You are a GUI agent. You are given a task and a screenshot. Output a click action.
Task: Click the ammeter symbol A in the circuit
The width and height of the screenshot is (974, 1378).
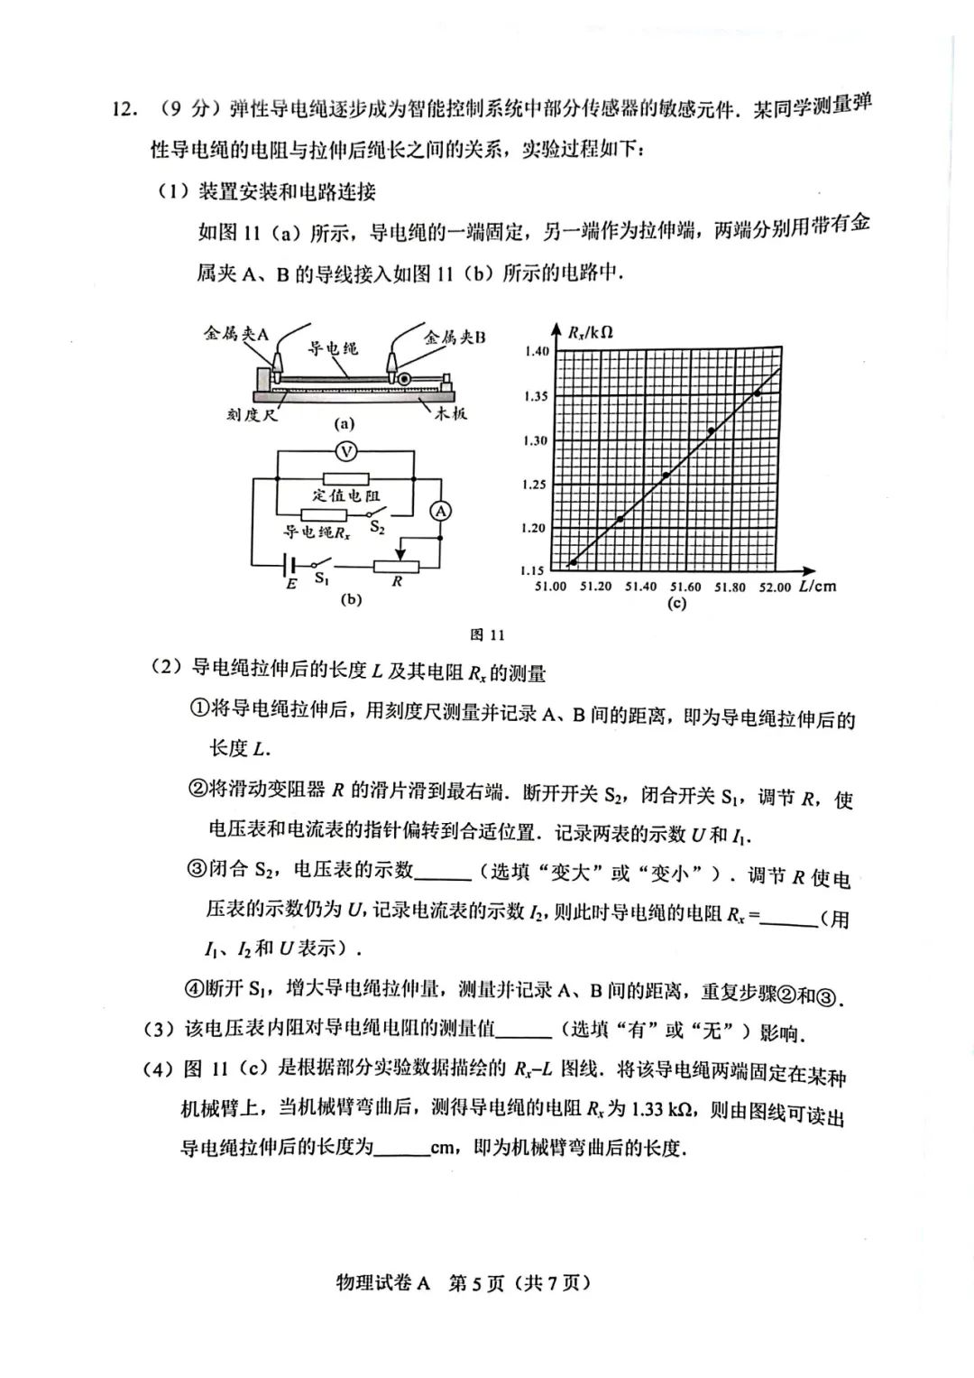click(x=440, y=512)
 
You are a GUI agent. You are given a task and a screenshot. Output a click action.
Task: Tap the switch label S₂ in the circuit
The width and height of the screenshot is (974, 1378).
click(x=377, y=527)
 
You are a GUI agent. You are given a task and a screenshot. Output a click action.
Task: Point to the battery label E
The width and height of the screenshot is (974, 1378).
click(x=291, y=584)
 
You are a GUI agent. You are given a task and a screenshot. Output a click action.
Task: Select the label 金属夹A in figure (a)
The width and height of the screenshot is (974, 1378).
click(x=236, y=334)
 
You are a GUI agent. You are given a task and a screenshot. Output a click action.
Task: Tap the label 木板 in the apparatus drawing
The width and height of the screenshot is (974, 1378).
click(x=451, y=413)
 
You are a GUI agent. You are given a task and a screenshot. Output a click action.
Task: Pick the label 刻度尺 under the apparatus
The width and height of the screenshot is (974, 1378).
click(x=252, y=414)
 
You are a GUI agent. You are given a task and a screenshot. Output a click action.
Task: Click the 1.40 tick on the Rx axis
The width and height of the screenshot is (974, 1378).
click(x=536, y=351)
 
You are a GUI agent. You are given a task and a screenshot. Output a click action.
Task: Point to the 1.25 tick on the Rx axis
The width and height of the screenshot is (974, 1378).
click(x=535, y=485)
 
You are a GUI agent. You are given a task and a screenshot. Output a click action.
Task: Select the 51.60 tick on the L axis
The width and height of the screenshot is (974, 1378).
click(x=685, y=587)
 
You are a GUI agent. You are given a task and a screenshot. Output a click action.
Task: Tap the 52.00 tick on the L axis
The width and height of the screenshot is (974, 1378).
click(x=775, y=587)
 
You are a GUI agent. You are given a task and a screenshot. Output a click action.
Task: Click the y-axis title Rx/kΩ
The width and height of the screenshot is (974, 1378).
click(x=591, y=331)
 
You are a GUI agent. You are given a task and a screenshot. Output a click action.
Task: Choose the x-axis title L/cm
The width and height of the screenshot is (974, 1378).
click(x=817, y=586)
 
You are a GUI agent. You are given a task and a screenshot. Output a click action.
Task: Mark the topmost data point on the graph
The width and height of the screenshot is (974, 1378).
click(x=757, y=393)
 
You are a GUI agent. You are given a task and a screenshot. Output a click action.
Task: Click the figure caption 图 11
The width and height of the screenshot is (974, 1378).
click(x=487, y=634)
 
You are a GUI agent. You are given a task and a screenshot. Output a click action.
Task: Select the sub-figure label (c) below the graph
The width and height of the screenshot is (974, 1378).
click(x=676, y=604)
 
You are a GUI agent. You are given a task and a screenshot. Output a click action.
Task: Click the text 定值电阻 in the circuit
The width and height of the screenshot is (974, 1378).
click(x=346, y=495)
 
